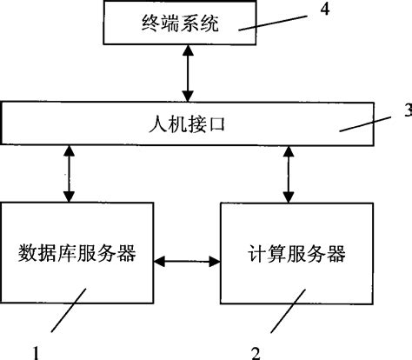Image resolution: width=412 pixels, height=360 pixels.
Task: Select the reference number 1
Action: [37, 351]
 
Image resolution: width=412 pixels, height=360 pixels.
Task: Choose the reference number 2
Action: [255, 351]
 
